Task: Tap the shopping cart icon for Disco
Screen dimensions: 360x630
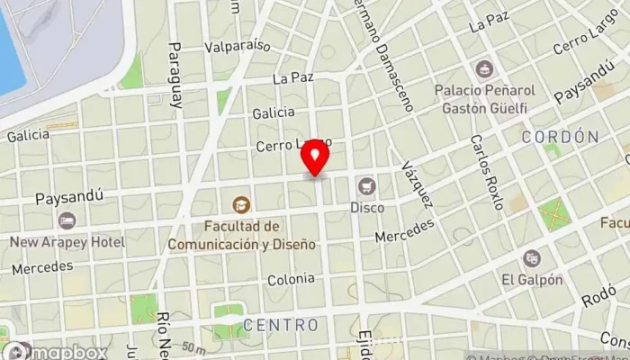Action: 366,186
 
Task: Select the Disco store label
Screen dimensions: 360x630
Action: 366,208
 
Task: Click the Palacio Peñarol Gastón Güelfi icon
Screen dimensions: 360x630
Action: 484,69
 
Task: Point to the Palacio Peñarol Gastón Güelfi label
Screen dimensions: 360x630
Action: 484,98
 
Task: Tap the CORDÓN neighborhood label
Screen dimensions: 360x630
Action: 560,137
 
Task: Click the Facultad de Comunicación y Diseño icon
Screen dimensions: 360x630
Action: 240,205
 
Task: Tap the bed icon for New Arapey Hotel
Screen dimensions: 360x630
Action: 67,220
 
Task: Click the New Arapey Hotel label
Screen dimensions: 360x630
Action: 67,242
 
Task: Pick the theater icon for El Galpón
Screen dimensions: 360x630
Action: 533,258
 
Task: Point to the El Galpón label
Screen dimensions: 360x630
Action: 533,280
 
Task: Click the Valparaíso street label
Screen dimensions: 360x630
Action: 238,45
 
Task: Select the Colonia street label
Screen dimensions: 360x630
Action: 290,280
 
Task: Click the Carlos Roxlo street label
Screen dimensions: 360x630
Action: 487,172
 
